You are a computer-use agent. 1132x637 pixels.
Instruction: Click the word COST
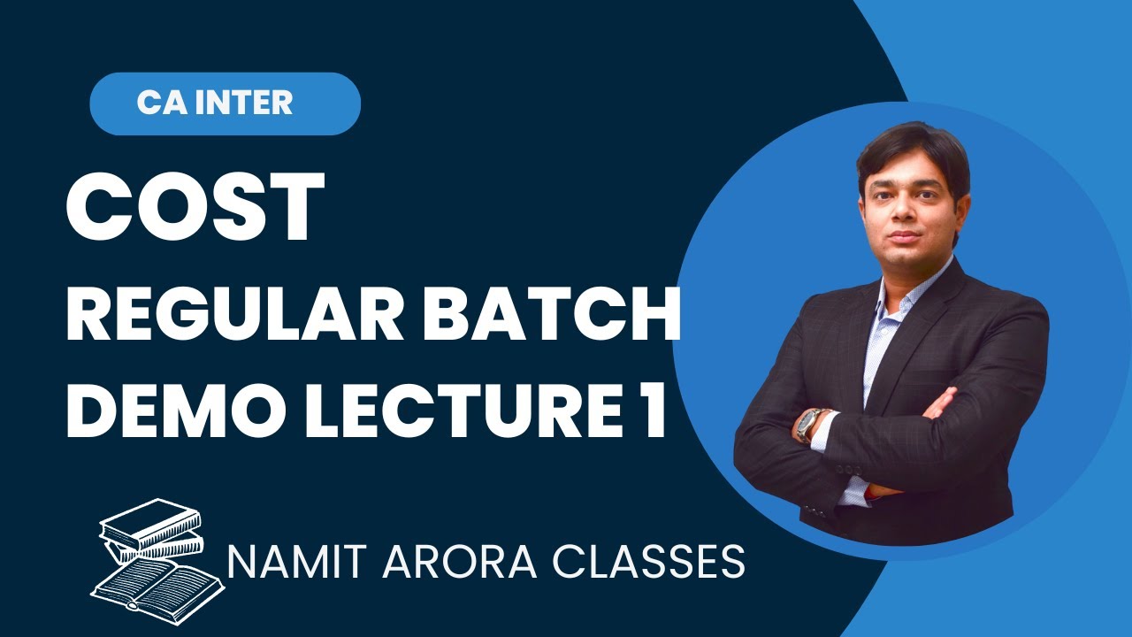click(x=195, y=208)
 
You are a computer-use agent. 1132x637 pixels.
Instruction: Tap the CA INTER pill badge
click(x=225, y=104)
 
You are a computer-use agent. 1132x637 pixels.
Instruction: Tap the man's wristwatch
click(x=808, y=425)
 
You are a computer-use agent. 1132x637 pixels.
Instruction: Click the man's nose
click(x=911, y=218)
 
